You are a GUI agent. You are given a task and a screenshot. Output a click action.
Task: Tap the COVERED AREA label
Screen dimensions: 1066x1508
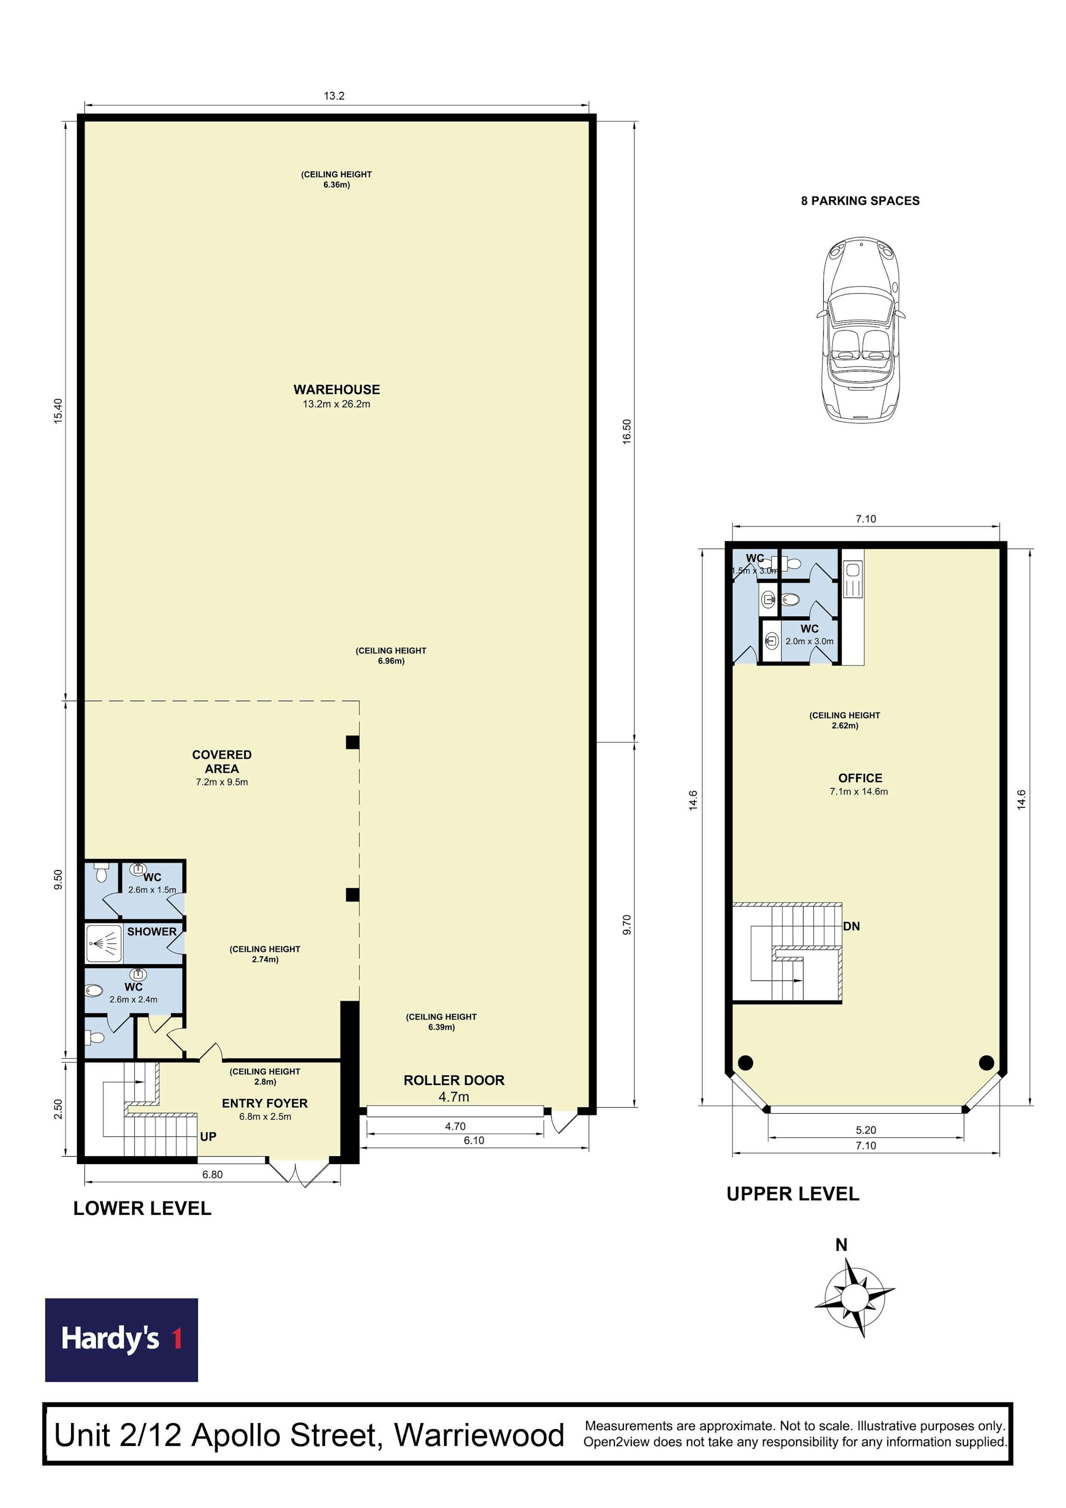(222, 761)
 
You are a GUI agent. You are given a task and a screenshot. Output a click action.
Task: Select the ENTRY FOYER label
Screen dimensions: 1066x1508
(265, 1103)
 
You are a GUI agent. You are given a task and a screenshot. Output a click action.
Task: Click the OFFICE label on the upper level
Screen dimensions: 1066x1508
(860, 778)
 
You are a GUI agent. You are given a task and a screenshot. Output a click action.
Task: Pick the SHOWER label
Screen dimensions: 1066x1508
(152, 931)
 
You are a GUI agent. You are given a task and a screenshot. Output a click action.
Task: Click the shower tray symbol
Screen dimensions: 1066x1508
(104, 944)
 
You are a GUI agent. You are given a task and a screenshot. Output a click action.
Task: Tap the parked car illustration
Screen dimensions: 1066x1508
(860, 329)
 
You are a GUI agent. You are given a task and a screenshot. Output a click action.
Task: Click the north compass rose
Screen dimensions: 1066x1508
(853, 1297)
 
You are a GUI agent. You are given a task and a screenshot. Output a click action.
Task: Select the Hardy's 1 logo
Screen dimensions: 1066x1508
(121, 1340)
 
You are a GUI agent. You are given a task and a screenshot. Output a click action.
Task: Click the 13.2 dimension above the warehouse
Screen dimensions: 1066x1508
(334, 96)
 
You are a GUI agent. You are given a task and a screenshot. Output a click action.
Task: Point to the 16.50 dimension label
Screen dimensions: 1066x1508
(627, 431)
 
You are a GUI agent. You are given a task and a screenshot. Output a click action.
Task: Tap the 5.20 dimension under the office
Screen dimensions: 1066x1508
(866, 1130)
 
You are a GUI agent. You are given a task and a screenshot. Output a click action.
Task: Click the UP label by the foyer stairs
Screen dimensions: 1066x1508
(208, 1136)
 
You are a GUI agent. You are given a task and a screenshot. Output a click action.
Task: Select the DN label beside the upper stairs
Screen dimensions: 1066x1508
(851, 926)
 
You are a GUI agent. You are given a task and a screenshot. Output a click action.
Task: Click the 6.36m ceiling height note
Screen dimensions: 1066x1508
(336, 179)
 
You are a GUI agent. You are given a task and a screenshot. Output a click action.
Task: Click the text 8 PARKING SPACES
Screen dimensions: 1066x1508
(860, 201)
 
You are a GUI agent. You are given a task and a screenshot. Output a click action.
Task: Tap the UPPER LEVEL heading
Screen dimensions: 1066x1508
(793, 1193)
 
